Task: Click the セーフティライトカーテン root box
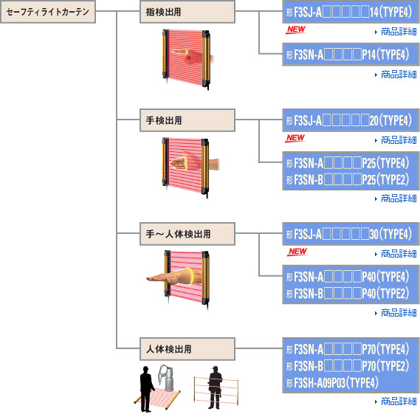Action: coord(48,12)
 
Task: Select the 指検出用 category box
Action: coord(187,12)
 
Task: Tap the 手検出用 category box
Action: coord(187,120)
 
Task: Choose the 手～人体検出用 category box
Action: coord(187,234)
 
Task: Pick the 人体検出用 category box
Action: coord(187,349)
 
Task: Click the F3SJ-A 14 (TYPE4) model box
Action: coord(351,12)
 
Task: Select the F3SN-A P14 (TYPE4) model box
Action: coord(351,55)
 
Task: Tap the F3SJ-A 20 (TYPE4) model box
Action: coord(351,120)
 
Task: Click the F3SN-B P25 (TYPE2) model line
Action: coord(348,179)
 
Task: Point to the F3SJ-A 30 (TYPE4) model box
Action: coord(351,234)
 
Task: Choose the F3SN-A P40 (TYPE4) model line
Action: coord(348,277)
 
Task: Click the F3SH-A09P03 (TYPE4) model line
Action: coord(332,382)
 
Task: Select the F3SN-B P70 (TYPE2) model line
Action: coord(348,366)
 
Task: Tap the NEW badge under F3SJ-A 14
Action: coord(296,30)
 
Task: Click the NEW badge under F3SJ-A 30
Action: coord(297,252)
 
